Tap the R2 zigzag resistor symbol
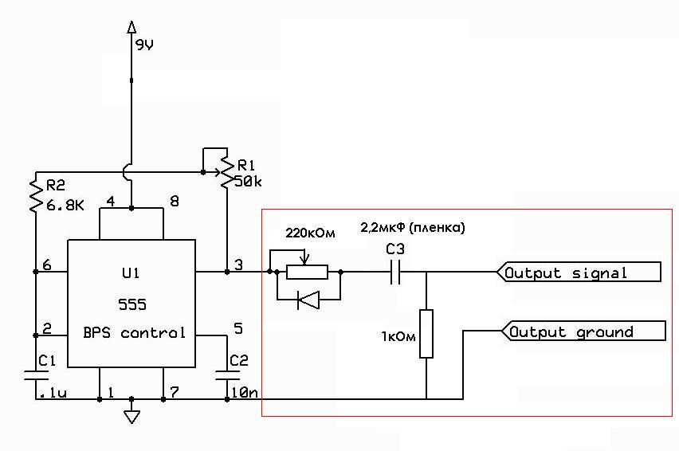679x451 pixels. [x=35, y=195]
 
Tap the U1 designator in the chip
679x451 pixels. [x=132, y=274]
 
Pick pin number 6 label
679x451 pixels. [x=47, y=265]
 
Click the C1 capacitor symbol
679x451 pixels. [x=35, y=375]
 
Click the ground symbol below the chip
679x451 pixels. [x=132, y=415]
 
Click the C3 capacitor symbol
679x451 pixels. [x=394, y=273]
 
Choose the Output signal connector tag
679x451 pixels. [x=579, y=273]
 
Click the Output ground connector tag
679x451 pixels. [x=579, y=331]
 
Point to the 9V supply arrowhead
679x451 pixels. [x=132, y=28]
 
